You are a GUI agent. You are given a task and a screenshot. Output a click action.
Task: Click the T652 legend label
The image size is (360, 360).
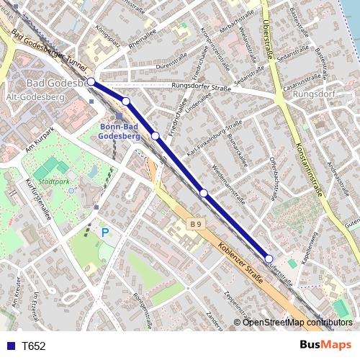click(x=34, y=346)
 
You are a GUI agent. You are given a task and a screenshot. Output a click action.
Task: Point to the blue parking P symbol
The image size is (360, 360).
click(x=105, y=233)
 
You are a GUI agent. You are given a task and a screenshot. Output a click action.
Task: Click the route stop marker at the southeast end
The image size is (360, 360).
click(x=269, y=258)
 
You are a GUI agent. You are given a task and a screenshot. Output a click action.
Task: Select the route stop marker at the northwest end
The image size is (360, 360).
click(x=91, y=82)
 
